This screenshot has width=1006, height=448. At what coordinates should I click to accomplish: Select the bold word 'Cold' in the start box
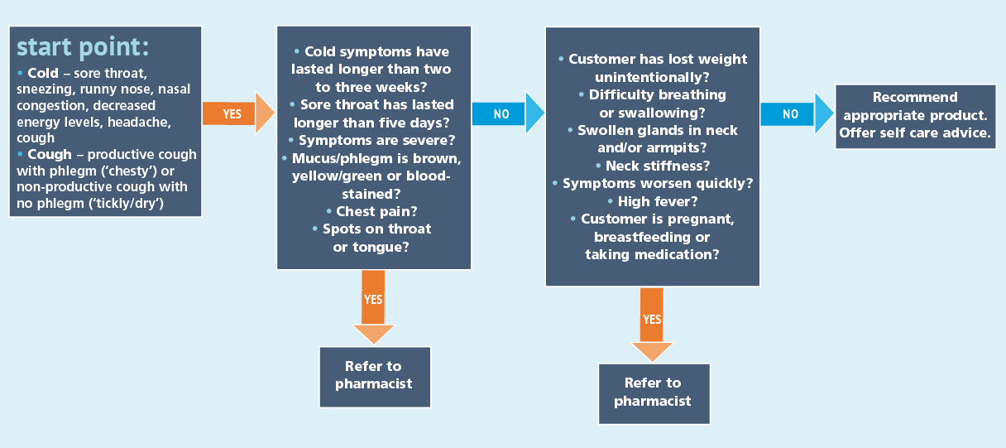(43, 73)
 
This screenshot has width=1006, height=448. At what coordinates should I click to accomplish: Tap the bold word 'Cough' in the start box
(50, 154)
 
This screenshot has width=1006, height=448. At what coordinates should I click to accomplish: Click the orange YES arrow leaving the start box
(238, 113)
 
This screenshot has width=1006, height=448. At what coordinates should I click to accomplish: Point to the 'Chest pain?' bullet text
(376, 211)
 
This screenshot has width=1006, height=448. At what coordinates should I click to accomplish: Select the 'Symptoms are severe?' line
(376, 140)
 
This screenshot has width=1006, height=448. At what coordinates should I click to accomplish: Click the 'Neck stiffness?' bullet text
(658, 166)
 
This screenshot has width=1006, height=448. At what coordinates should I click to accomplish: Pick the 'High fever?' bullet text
(658, 201)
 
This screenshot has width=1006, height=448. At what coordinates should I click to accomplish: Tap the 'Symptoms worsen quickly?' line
(658, 183)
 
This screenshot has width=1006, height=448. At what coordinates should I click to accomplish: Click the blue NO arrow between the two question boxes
(509, 113)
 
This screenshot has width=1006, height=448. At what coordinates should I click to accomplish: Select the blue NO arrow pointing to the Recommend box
(798, 113)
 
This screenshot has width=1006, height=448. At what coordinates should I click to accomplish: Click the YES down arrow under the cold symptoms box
(373, 307)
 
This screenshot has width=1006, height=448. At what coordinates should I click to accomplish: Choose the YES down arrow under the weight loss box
(652, 325)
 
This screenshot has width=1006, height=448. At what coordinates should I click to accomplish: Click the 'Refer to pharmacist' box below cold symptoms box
(375, 377)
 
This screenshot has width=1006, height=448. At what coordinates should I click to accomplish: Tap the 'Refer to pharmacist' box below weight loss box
(654, 394)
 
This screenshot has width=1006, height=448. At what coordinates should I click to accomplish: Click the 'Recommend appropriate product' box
(916, 117)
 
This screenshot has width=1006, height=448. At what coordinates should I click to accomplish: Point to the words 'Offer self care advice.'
(915, 133)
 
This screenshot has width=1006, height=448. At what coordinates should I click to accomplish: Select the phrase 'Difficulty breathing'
(658, 94)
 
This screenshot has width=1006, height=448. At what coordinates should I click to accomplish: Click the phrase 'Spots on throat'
(376, 229)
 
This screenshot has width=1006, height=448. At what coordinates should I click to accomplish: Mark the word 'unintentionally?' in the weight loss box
(652, 77)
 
